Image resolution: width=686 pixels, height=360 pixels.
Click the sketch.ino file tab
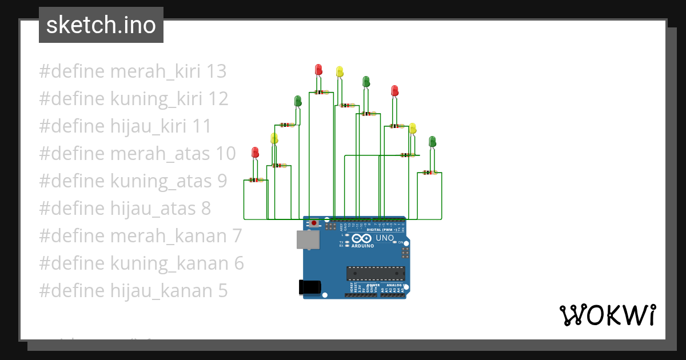click(x=101, y=25)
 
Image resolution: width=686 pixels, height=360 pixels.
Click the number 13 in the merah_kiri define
click(x=217, y=71)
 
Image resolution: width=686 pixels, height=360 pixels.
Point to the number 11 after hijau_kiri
click(x=201, y=126)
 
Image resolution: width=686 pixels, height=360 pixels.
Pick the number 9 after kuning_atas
click(x=222, y=181)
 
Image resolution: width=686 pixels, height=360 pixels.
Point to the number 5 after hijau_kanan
click(x=222, y=291)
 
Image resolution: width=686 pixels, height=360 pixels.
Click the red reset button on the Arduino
click(x=314, y=223)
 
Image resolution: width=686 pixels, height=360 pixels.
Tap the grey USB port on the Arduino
click(x=308, y=240)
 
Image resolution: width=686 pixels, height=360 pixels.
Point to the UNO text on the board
click(x=384, y=238)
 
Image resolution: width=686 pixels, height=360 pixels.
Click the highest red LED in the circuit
click(x=318, y=70)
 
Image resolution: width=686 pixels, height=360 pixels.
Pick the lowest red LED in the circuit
click(x=255, y=152)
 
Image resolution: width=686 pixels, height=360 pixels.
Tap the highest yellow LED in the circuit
click(x=340, y=71)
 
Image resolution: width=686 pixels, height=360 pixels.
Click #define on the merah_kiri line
click(x=71, y=71)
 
